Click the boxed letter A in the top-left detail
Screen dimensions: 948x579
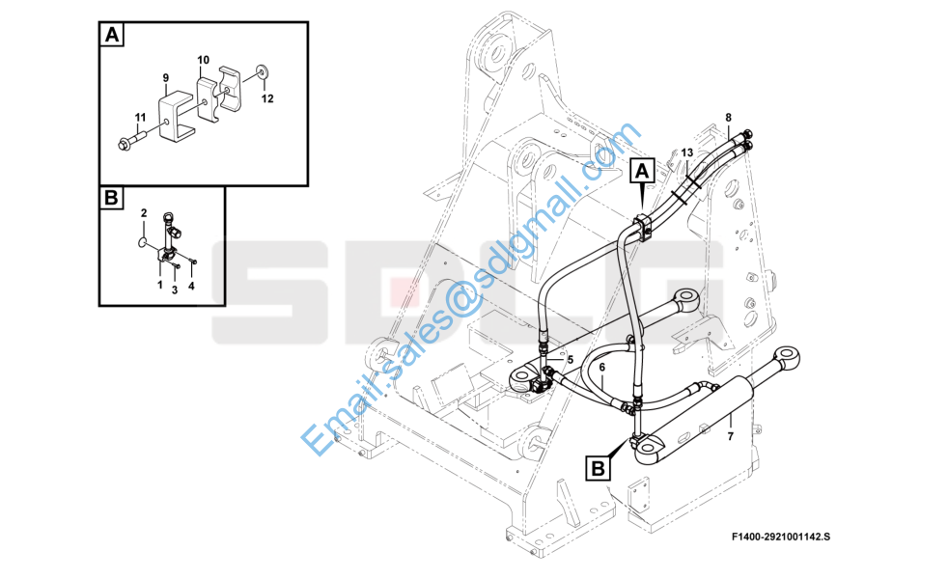coord(112,35)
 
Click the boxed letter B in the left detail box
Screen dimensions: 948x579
coord(111,197)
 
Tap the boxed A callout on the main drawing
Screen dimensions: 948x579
coord(641,171)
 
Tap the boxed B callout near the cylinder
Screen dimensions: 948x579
coord(598,468)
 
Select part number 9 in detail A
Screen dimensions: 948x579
coord(166,78)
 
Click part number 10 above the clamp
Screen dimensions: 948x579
coord(203,60)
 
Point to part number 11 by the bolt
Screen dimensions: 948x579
coord(140,117)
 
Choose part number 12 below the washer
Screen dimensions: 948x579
coord(267,98)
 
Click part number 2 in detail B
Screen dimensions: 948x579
coord(144,212)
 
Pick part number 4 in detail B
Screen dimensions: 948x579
coord(191,286)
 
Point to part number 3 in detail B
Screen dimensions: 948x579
coord(175,290)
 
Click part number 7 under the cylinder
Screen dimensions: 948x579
coord(731,436)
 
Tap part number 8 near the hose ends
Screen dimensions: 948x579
coord(729,118)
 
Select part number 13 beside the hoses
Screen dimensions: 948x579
coord(686,152)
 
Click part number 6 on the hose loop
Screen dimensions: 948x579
coord(602,367)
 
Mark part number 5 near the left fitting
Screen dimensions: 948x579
coord(570,360)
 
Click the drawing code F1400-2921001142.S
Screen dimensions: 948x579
coord(781,537)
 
